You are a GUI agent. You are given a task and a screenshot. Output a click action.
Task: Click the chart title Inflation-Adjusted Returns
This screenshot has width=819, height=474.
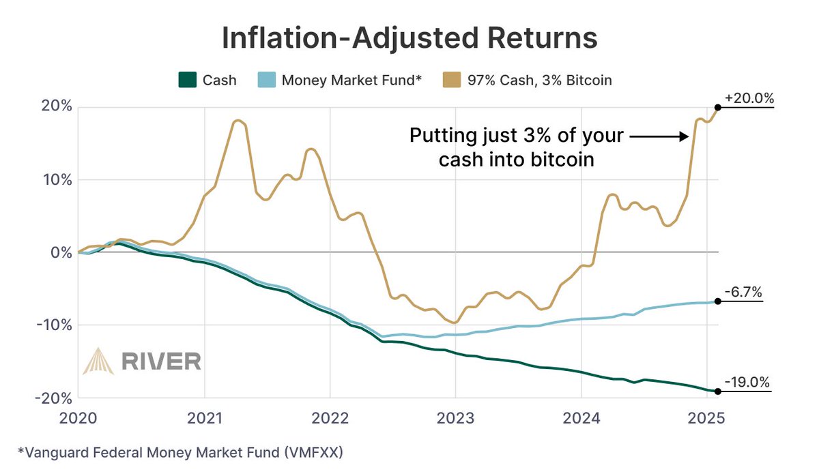[x=409, y=39]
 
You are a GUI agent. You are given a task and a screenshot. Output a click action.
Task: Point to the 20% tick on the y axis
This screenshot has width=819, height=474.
[x=55, y=107]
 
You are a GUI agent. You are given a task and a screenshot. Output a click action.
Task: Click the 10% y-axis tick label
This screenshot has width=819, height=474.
[x=55, y=180]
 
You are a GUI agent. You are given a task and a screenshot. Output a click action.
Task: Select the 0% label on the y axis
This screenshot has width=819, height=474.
[x=59, y=252]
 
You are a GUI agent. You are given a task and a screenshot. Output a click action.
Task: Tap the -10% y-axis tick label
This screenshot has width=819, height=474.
[x=52, y=325]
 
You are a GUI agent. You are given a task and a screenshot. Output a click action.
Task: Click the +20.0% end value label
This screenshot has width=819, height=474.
[x=749, y=98]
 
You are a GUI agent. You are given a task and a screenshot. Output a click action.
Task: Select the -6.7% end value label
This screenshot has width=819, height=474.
[x=744, y=292]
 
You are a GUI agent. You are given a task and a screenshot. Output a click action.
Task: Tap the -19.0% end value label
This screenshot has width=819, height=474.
[x=747, y=382]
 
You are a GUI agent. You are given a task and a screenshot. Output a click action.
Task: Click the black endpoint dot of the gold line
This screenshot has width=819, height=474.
[x=717, y=107]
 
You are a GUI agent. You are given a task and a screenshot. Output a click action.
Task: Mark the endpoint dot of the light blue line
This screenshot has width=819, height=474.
[x=717, y=301]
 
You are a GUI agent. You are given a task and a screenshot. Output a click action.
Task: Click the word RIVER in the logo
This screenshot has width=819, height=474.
[x=161, y=360]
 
